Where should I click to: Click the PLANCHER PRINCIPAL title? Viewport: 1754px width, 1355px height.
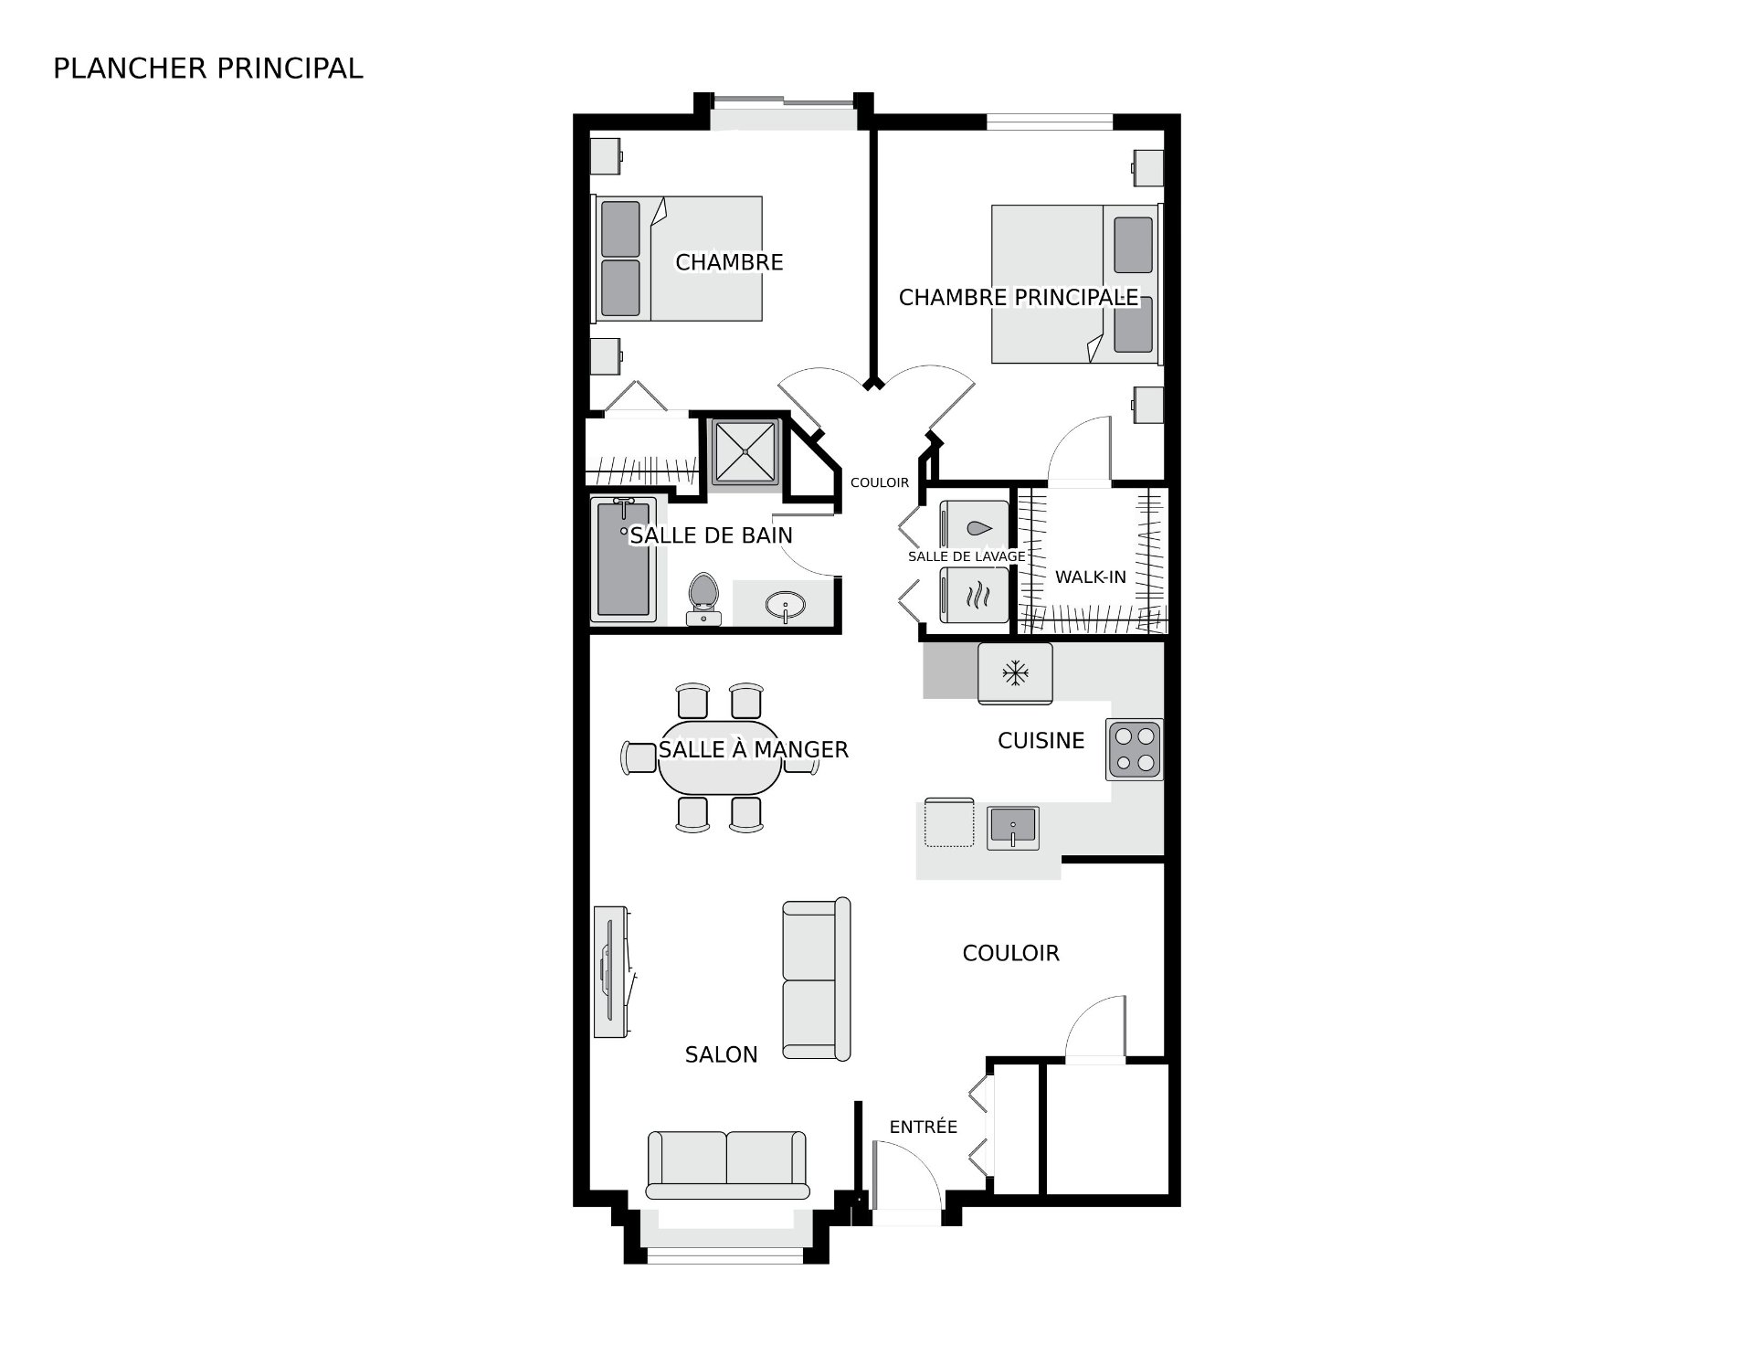tap(208, 69)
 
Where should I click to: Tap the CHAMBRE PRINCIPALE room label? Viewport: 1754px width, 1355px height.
tap(1019, 297)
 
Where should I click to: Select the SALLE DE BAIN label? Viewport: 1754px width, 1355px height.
tap(712, 535)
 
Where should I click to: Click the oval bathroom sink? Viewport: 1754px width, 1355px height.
tap(785, 605)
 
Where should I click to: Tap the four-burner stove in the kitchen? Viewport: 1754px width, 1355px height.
tap(1135, 749)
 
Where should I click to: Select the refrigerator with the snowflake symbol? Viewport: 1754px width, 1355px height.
tap(1015, 673)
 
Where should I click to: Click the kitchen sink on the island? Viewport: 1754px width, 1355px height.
tap(1013, 828)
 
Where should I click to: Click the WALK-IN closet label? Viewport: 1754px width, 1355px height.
tap(1091, 577)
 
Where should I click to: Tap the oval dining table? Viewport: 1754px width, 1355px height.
tap(720, 758)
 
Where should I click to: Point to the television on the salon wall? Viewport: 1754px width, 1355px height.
tap(610, 971)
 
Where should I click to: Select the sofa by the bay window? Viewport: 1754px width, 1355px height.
tap(727, 1164)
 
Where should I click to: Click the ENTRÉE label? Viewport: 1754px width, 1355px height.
tap(924, 1127)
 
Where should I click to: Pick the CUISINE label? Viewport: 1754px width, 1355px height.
tap(1041, 740)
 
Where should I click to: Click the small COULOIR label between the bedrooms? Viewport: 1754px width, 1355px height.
tap(880, 482)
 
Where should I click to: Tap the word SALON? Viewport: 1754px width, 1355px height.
tap(722, 1054)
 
